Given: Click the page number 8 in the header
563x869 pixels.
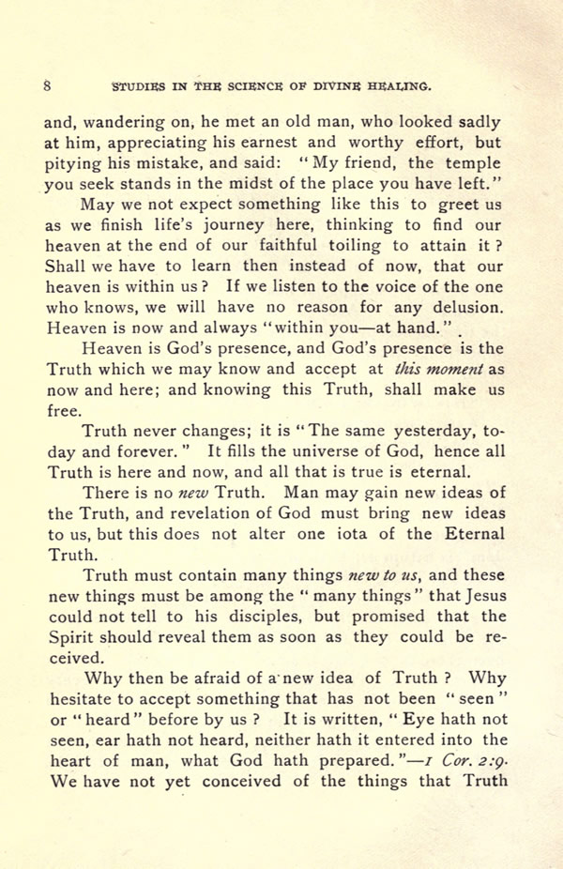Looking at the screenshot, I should pyautogui.click(x=47, y=85).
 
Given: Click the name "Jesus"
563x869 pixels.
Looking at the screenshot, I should pyautogui.click(x=480, y=596).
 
